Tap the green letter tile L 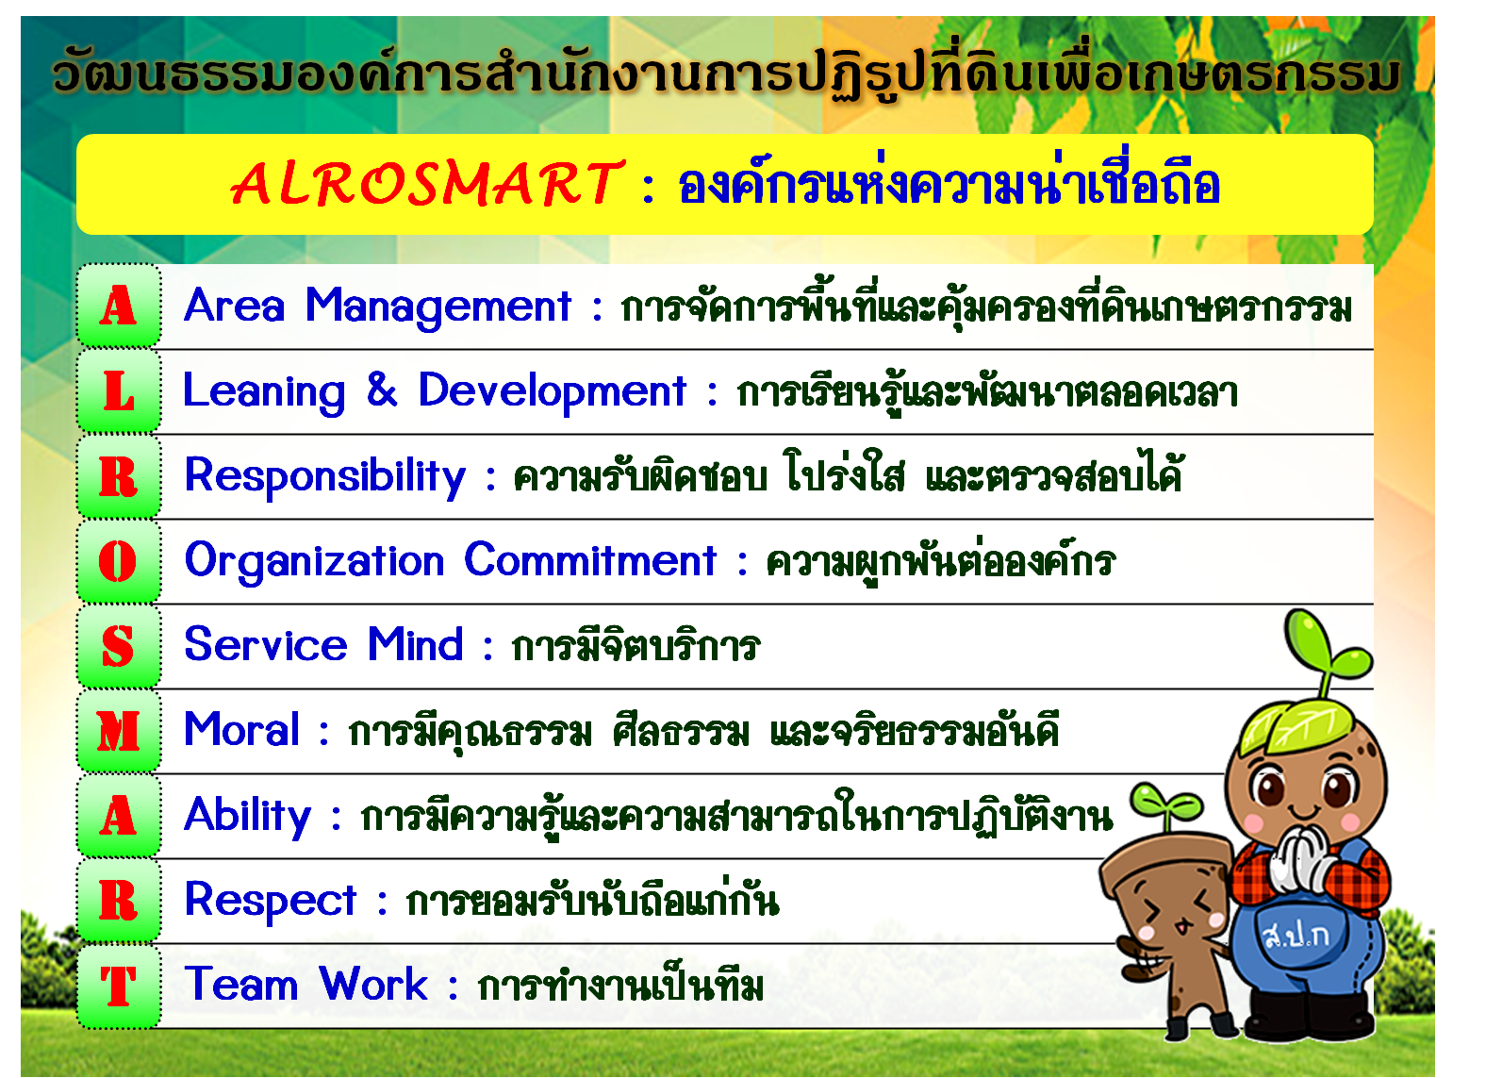coord(119,391)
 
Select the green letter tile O coord(119,561)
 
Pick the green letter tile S coord(119,646)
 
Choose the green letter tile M coord(119,731)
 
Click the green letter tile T coord(119,986)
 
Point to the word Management coord(438,307)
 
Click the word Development coord(552,392)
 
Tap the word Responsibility coord(325,477)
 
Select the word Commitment coord(589,560)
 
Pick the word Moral coord(241,729)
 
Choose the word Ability coord(247,817)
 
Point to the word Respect coord(271,902)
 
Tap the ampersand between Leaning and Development coord(382,390)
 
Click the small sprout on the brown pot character coord(1165,806)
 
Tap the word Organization coord(314,562)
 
